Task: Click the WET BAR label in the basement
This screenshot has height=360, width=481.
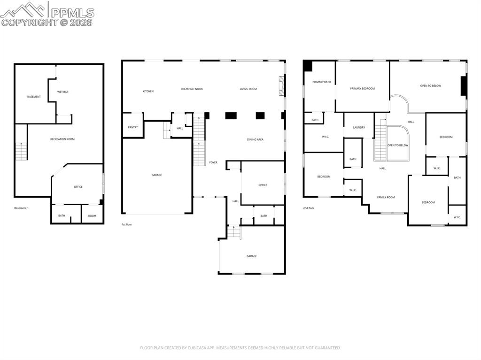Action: [x=63, y=92]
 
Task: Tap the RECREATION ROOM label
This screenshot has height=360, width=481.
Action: [x=62, y=139]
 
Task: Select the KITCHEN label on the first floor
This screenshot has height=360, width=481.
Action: [x=148, y=92]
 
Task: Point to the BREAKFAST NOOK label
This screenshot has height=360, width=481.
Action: [x=192, y=89]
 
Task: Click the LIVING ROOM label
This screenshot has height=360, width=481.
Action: [x=248, y=89]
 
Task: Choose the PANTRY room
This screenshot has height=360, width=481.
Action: [x=133, y=127]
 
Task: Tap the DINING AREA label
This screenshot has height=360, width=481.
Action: [x=255, y=139]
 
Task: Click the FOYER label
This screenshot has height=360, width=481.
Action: [x=213, y=162]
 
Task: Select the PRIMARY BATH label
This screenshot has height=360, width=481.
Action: [x=322, y=82]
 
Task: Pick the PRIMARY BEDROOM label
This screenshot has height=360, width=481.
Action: [x=362, y=89]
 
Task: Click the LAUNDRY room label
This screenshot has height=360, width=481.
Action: [x=359, y=127]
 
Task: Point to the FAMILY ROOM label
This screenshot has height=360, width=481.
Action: [x=386, y=198]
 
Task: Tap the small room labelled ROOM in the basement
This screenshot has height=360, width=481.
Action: [x=92, y=216]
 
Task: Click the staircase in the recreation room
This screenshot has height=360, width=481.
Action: [x=22, y=151]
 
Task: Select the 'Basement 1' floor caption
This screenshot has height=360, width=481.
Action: [x=21, y=208]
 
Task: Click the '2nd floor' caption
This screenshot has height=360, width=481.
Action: [x=309, y=208]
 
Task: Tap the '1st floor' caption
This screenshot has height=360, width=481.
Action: [x=127, y=225]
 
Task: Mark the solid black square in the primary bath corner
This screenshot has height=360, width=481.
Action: [x=308, y=66]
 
